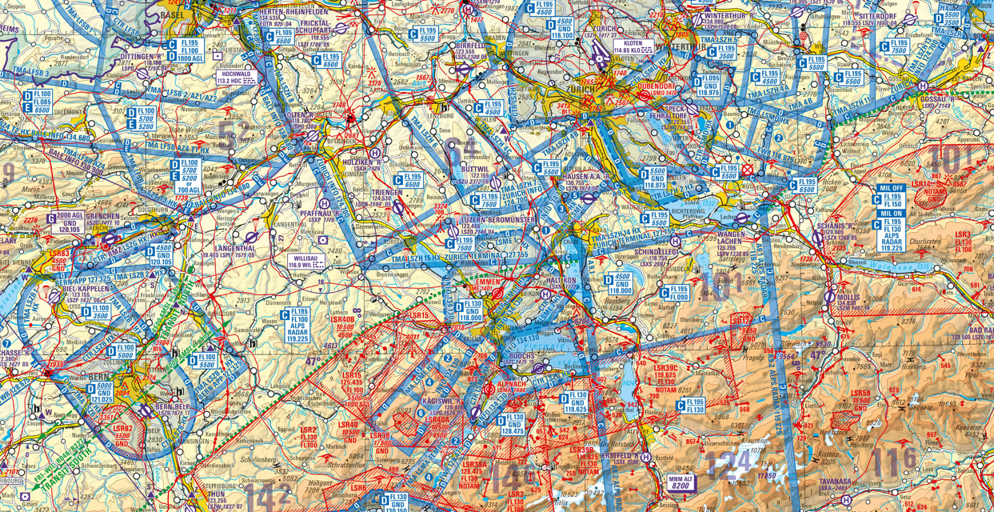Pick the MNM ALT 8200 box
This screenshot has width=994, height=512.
click(x=679, y=481)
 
